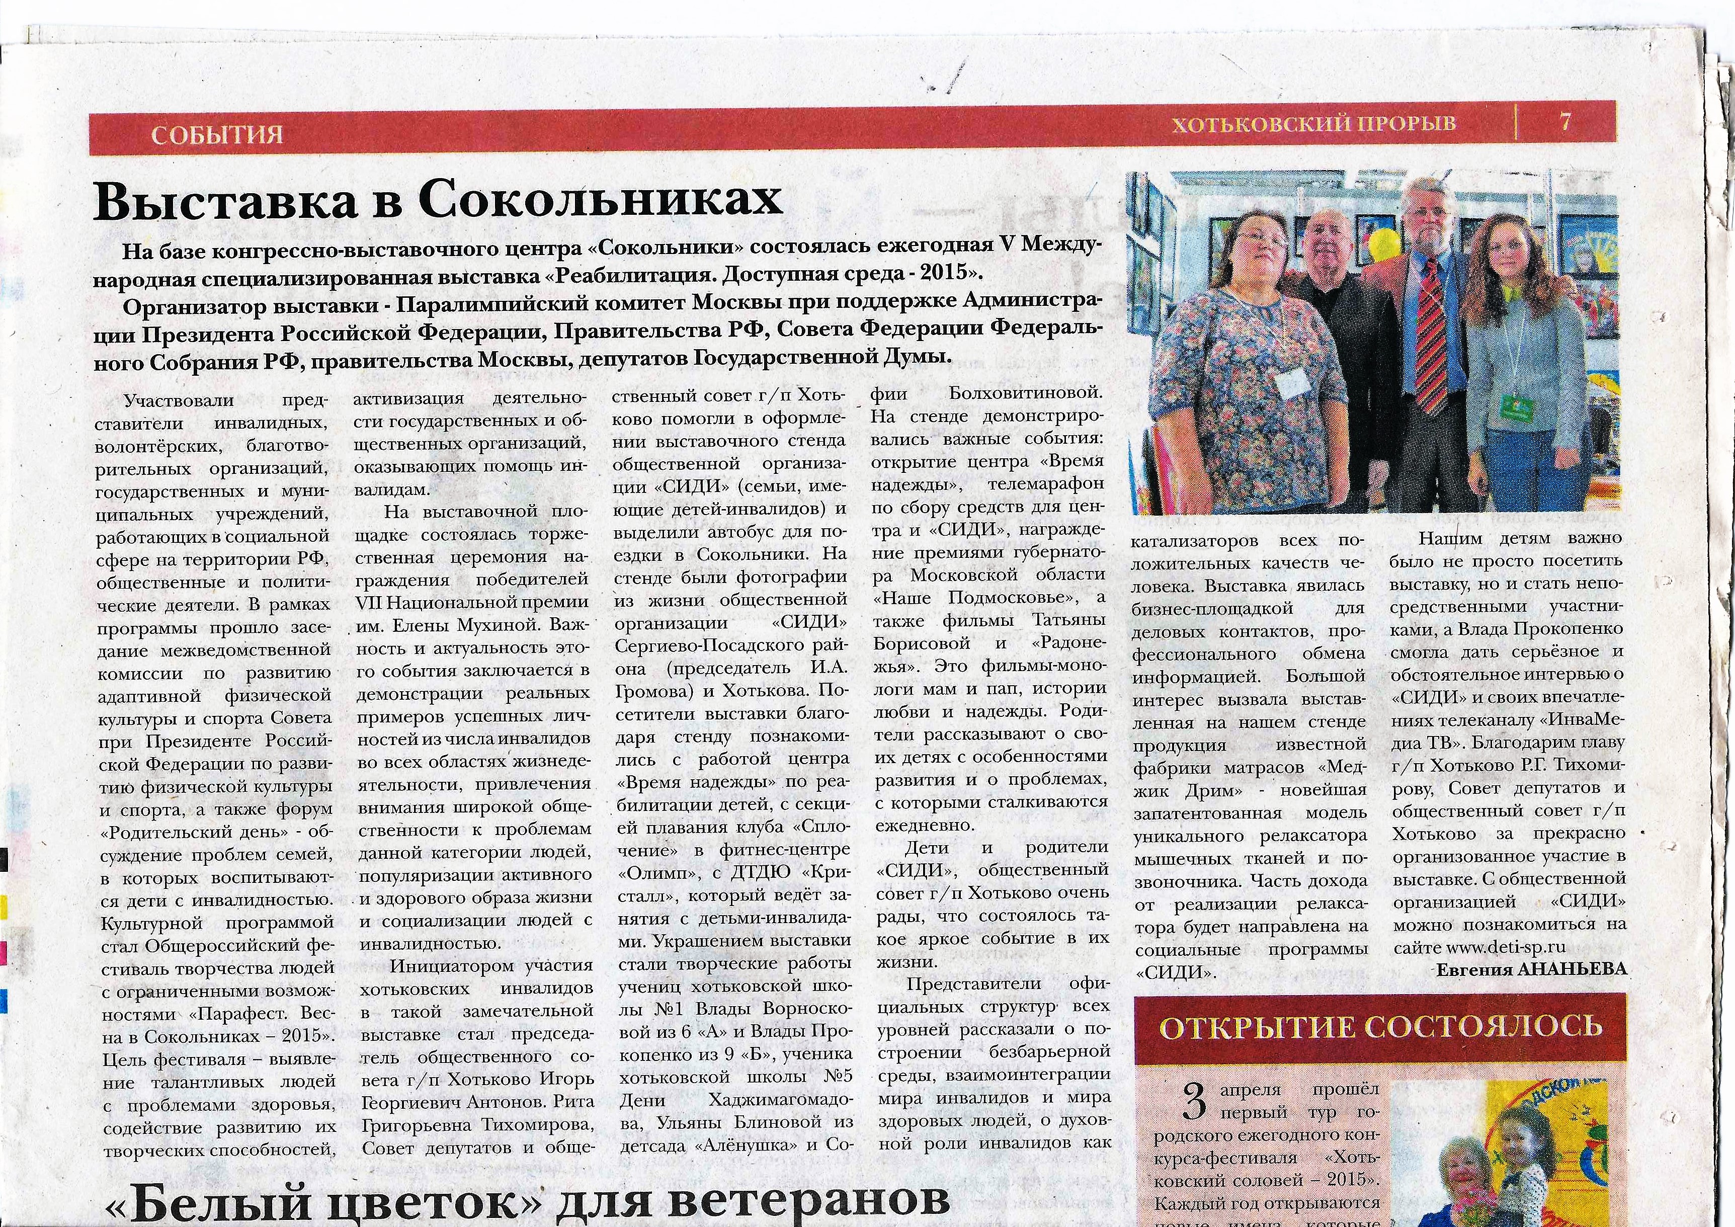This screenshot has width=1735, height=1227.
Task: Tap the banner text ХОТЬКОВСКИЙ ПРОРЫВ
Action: [x=1313, y=124]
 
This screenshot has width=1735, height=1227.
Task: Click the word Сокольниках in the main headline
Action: [x=601, y=200]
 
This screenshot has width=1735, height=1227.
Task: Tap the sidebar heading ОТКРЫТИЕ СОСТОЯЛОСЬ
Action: [x=1380, y=1028]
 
